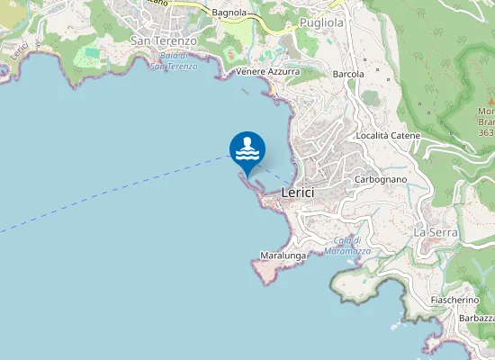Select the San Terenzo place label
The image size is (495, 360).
click(x=164, y=40)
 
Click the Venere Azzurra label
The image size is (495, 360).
click(x=266, y=70)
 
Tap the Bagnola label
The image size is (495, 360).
click(x=229, y=13)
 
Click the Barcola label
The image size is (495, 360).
click(x=348, y=74)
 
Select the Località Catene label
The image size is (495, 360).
click(x=389, y=135)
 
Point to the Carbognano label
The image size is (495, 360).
click(x=382, y=179)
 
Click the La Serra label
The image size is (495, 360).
click(x=436, y=231)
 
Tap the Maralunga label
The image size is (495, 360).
click(x=283, y=256)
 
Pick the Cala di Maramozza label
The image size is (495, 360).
click(x=348, y=246)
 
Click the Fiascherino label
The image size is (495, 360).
click(x=454, y=299)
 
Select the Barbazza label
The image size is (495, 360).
click(x=476, y=319)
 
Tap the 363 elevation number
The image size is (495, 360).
click(x=486, y=132)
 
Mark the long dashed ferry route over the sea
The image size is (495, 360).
click(x=108, y=194)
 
